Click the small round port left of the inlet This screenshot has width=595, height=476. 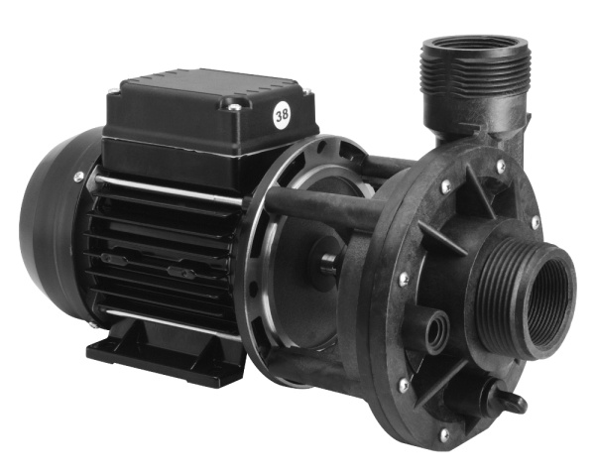tap(436, 331)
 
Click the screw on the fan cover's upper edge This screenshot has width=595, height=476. tap(78, 177)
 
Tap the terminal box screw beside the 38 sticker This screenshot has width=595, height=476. tap(233, 107)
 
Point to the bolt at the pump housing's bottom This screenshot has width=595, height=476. tap(443, 433)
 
